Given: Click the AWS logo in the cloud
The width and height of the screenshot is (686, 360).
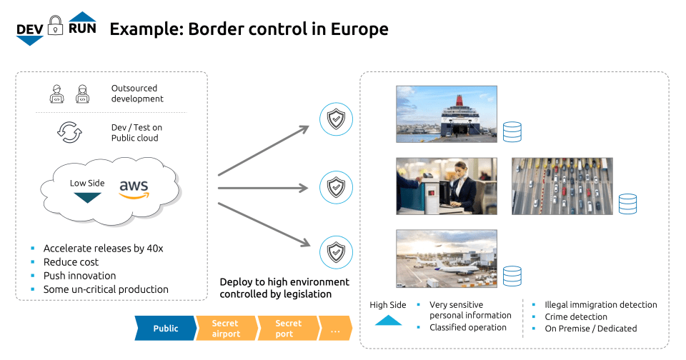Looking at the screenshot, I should tap(134, 189).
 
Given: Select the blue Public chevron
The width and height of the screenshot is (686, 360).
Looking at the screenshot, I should tap(166, 329).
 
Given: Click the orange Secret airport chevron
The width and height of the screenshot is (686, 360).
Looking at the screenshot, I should tap(226, 329).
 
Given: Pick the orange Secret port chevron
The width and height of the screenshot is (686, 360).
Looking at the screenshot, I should tap(288, 329).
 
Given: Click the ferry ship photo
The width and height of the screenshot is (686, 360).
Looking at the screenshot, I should tap(446, 114).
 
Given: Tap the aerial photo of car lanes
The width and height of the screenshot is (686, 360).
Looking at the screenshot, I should tap(562, 186).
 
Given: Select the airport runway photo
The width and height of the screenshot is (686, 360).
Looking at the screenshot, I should tap(446, 258).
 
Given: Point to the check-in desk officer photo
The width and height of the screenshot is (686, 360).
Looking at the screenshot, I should tap(446, 186).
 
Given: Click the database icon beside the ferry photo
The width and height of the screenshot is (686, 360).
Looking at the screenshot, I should tap(512, 132).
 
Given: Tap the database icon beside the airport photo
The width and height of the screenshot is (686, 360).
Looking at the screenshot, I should tap(512, 276).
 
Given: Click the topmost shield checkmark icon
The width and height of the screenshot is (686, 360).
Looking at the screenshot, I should tap(334, 119).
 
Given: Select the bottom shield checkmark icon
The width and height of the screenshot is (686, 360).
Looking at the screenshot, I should tap(334, 252).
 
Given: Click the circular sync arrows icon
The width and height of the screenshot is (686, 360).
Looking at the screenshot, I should tap(69, 132).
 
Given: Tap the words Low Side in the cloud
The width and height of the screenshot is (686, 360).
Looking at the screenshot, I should tap(87, 184).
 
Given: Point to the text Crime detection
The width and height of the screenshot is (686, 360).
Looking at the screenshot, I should tap(575, 316).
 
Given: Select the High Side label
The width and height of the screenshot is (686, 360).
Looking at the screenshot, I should tap(388, 305).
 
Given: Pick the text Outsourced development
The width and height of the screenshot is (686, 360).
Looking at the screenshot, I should tap(137, 94).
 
